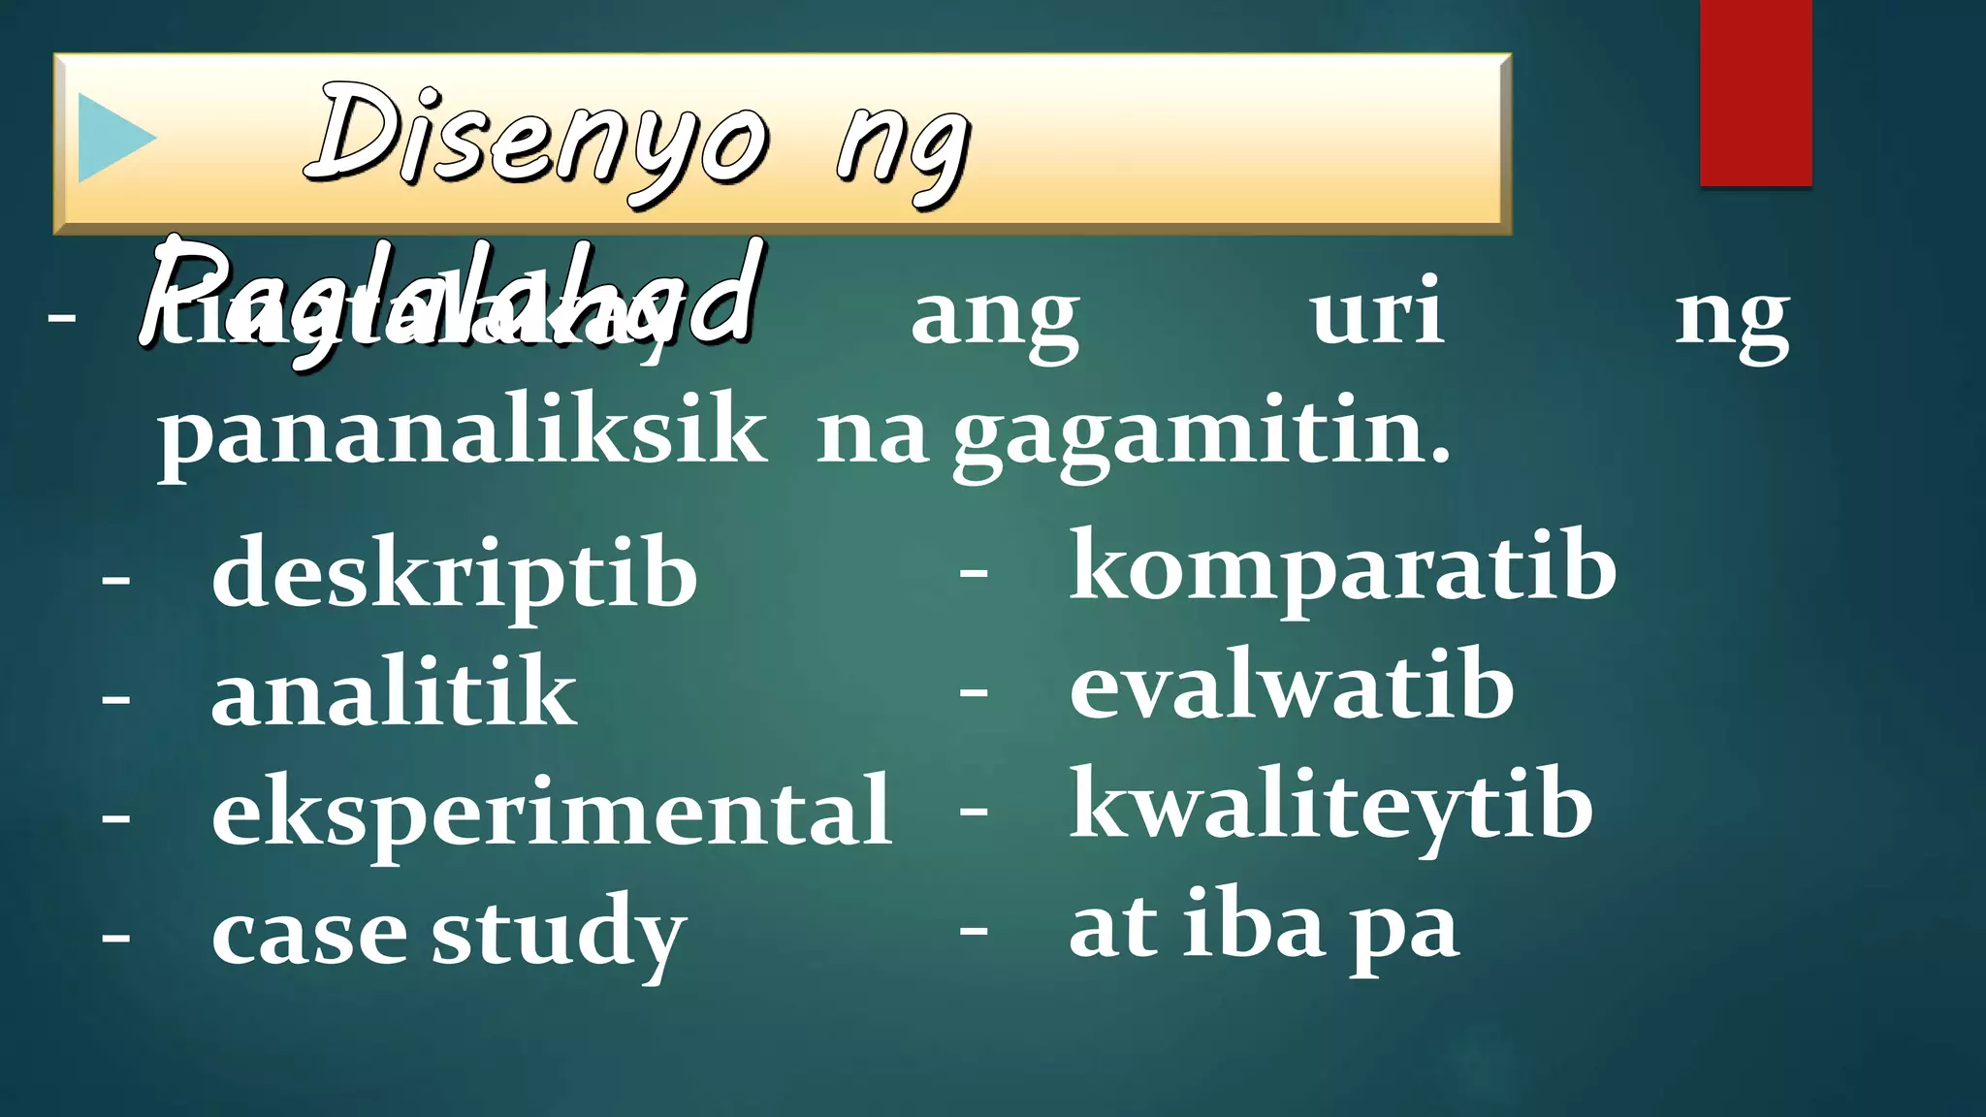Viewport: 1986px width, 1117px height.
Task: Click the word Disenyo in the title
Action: (539, 141)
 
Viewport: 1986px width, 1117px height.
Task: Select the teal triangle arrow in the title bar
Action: (115, 138)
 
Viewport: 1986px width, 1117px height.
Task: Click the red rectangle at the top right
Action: (1755, 92)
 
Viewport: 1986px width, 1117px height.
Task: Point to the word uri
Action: (1377, 312)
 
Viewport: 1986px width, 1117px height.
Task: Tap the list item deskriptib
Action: (454, 574)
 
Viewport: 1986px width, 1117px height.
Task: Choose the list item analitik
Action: (393, 692)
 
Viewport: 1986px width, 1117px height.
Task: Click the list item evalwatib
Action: (1292, 687)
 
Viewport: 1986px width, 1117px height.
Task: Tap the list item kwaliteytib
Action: (1331, 807)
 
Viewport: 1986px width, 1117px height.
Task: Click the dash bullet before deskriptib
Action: (116, 580)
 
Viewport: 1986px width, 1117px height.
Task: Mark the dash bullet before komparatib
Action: (974, 573)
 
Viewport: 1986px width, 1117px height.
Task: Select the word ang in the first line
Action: (995, 316)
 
